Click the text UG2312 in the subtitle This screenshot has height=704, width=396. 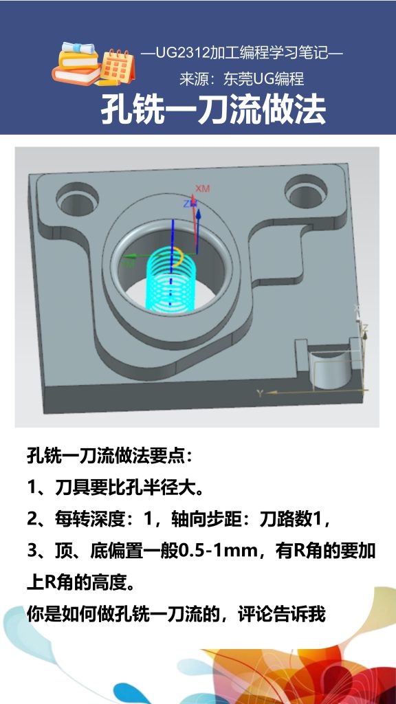[179, 53]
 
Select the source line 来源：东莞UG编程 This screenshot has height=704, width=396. [241, 79]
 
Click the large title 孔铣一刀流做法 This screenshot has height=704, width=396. [213, 110]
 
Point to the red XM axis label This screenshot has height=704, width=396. [202, 188]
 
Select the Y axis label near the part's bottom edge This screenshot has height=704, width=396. [260, 393]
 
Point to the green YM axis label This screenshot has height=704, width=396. [128, 262]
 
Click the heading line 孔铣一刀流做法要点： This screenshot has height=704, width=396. [110, 455]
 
